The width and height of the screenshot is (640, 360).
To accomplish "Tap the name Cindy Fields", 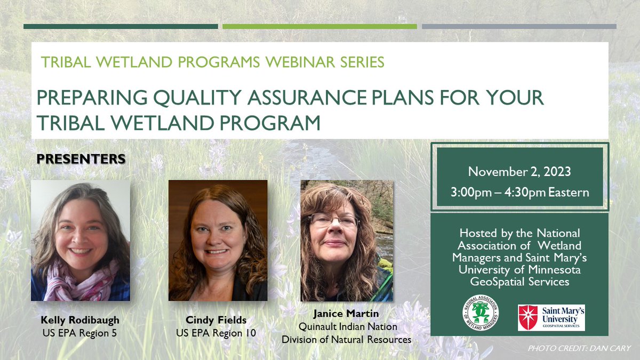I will pyautogui.click(x=216, y=321).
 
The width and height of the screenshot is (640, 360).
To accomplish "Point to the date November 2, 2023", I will pyautogui.click(x=519, y=172).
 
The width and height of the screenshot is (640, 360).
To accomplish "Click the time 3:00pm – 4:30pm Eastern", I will pyautogui.click(x=519, y=192).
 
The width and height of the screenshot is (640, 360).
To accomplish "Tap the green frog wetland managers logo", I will pyautogui.click(x=481, y=313).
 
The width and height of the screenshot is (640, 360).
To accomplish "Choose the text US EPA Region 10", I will pyautogui.click(x=216, y=333).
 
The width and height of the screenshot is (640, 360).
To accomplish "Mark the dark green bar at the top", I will pyautogui.click(x=121, y=26).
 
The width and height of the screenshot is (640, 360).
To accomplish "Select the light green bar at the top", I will pyautogui.click(x=319, y=26).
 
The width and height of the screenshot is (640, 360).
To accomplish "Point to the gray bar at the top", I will pyautogui.click(x=519, y=26).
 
